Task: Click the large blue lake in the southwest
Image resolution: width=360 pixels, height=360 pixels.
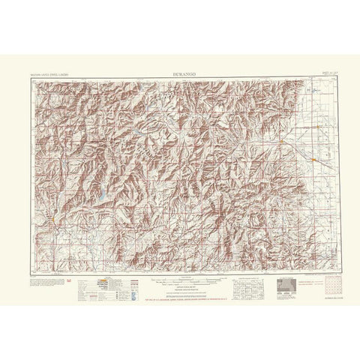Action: pos(99,198)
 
